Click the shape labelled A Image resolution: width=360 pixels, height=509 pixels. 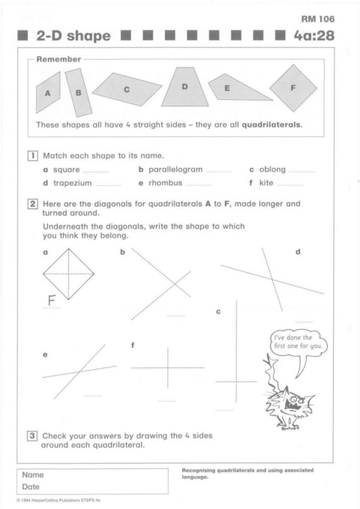tap(48, 93)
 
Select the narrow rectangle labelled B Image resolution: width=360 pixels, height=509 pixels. tap(79, 92)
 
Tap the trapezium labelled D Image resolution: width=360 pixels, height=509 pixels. tap(184, 87)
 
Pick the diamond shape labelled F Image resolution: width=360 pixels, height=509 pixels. tap(293, 88)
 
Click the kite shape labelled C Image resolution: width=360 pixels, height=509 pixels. tap(127, 89)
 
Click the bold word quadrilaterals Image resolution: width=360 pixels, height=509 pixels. tap(272, 124)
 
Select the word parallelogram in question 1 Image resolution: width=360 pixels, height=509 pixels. tap(175, 169)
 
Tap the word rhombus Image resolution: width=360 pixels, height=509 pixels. tap(166, 183)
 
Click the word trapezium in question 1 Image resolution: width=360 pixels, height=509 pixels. tap(73, 183)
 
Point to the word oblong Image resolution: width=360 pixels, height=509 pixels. tap(272, 169)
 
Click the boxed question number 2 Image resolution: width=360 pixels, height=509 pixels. tap(32, 204)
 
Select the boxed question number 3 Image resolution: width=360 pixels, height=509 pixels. tap(31, 436)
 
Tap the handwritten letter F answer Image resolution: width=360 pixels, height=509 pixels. tap(51, 301)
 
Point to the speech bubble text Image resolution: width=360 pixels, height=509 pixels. tap(298, 342)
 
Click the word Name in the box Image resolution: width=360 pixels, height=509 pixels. tap(33, 475)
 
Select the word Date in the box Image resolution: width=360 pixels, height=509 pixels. tap(31, 487)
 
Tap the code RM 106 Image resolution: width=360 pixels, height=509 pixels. tap(318, 19)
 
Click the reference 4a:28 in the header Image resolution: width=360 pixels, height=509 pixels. tap(314, 36)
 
